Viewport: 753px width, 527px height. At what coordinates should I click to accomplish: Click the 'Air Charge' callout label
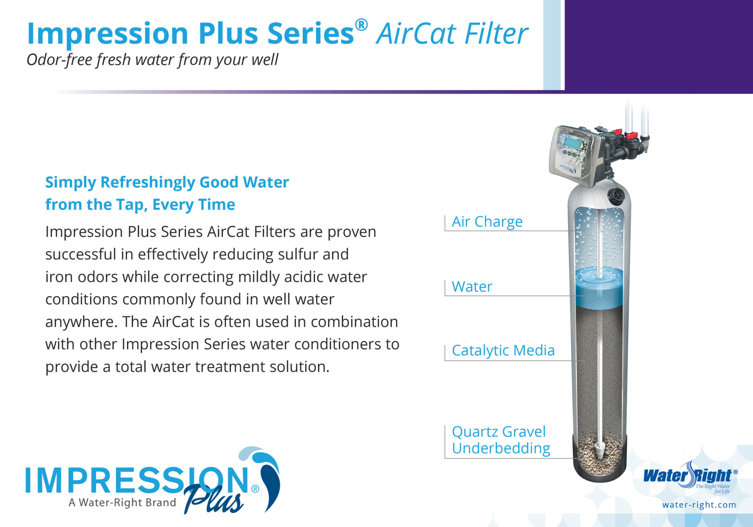point(487,222)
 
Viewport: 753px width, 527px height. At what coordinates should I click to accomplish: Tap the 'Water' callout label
point(472,287)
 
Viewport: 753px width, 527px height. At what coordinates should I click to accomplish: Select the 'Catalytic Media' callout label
point(503,351)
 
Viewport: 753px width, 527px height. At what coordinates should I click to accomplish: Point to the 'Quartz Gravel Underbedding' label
point(501,440)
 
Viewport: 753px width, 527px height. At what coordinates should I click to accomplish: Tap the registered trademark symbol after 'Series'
point(361,25)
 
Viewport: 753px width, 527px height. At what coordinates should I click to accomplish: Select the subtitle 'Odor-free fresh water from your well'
point(152,60)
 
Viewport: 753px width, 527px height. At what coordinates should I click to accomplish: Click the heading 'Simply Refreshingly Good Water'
point(167,182)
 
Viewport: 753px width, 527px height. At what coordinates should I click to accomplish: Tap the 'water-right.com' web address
point(699,505)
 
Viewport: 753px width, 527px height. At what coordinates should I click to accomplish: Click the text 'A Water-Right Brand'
point(122,502)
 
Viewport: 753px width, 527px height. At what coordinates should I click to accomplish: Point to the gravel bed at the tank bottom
point(599,455)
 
